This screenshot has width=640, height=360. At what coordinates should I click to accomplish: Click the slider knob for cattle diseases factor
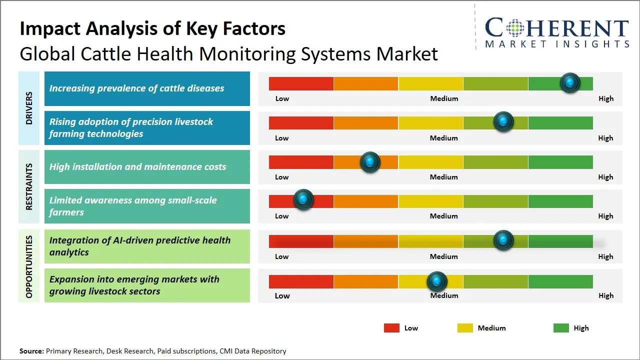click(570, 83)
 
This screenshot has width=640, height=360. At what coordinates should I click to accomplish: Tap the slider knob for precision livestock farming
click(503, 122)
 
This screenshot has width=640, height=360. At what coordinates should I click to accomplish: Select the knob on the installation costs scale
click(370, 162)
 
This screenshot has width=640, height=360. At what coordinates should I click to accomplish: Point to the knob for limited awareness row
click(303, 200)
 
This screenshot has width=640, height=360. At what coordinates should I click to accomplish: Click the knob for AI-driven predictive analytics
click(503, 240)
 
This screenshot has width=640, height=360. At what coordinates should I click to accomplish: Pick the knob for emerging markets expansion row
click(437, 282)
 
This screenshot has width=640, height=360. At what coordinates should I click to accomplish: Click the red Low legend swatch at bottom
click(391, 328)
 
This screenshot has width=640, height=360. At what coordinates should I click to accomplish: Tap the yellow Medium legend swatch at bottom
click(465, 328)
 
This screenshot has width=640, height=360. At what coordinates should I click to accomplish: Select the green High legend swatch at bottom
click(561, 328)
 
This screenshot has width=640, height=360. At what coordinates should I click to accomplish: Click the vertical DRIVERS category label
click(28, 108)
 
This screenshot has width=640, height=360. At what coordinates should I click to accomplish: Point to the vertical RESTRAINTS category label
click(28, 186)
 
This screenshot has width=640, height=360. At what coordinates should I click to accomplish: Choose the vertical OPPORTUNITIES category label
click(28, 266)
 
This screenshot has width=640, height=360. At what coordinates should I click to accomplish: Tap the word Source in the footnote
click(31, 351)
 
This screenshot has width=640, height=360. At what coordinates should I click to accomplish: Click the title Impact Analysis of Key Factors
click(152, 29)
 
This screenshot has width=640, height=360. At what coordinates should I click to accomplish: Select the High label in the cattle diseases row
click(605, 98)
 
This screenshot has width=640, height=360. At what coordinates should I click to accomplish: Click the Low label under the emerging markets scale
click(282, 295)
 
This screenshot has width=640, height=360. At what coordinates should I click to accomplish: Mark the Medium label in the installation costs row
click(443, 177)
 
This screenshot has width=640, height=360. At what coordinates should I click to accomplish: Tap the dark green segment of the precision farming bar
click(560, 122)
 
